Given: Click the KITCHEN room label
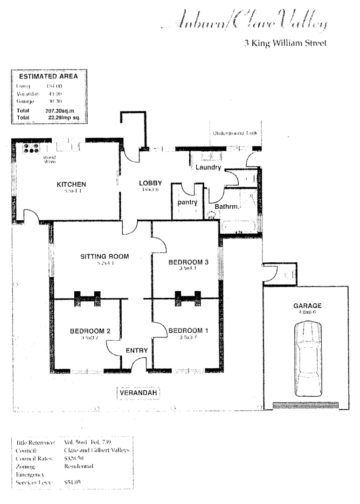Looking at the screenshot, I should point(71,184).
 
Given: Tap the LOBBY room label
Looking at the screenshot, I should point(151,183).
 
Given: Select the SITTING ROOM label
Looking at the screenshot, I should point(105,256).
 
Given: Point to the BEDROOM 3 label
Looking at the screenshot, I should point(188,262).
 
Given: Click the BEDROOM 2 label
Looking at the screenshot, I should point(90,331).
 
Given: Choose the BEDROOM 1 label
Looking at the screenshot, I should point(188,330).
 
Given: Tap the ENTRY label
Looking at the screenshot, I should point(137,350).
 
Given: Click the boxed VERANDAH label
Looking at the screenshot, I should point(138,393).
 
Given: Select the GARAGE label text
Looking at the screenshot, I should point(307,306).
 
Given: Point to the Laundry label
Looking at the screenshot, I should point(208,168).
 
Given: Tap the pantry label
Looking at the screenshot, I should point(187,203).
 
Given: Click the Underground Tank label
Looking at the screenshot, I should point(235,133).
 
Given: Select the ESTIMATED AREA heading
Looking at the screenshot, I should point(48,77).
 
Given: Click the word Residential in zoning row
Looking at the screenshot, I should point(79,466).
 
